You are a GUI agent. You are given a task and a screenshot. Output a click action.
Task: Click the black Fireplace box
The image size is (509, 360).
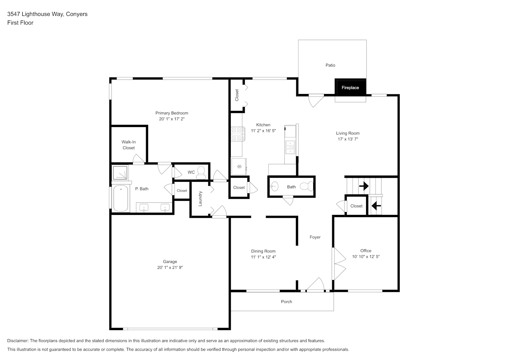pos(350,87)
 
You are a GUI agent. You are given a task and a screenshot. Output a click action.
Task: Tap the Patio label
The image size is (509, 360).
pos(330,65)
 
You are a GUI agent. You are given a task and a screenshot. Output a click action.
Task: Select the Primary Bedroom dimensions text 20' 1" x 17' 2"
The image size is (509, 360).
pos(172,119)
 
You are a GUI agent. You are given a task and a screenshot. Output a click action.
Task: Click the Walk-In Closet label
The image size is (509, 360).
pos(129,145)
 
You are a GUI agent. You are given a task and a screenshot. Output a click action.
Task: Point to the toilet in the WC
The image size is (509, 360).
pos(201,173)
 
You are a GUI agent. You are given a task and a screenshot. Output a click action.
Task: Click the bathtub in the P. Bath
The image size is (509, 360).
pos(121,198)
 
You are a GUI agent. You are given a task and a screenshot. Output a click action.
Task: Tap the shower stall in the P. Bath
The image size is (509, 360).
pos(120,173)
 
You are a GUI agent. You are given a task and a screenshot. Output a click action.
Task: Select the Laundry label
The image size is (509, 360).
pos(200,199)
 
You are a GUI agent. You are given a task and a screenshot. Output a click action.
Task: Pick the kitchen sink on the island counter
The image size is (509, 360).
pos(290,147)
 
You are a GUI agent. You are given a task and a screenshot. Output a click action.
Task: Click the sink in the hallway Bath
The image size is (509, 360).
pos(274,186)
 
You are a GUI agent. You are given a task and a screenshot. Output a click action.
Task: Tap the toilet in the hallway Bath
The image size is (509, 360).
pos(307,186)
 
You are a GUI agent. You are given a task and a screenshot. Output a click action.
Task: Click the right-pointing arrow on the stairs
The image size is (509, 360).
pos(364,186)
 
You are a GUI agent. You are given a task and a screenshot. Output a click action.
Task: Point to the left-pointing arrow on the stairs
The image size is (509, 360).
pos(376,206)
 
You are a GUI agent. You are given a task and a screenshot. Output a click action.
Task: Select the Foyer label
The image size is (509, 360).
pos(315,237)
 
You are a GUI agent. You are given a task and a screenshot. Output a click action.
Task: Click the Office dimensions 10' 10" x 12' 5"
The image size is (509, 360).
pos(366,257)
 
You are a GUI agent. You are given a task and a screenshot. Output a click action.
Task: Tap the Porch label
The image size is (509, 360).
pos(286,302)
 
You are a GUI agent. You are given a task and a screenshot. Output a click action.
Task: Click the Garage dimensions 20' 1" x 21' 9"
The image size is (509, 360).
pos(170,267)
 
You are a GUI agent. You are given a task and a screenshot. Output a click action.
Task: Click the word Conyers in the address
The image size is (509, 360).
pos(77,14)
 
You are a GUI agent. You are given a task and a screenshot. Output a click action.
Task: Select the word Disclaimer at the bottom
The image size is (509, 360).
pos(18,341)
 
